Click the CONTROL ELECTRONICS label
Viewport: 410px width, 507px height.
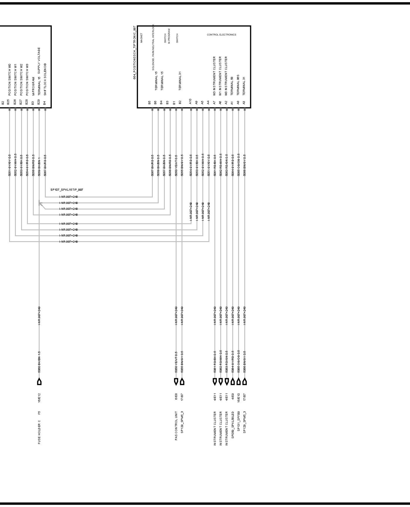click(221, 35)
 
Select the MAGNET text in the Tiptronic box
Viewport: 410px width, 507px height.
click(141, 38)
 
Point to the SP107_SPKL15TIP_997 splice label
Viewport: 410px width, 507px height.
click(67, 190)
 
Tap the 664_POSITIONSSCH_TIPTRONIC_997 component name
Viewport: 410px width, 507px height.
click(135, 53)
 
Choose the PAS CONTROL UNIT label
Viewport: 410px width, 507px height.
click(176, 426)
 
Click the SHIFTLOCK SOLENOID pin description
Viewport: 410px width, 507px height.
click(45, 79)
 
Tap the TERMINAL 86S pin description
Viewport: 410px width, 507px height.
click(238, 85)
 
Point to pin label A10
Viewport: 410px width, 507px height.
click(190, 102)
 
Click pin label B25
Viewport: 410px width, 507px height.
click(9, 102)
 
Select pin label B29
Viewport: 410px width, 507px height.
click(39, 102)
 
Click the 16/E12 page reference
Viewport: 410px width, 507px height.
click(39, 398)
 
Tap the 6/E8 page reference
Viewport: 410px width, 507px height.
click(176, 397)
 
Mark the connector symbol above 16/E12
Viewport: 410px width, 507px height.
click(39, 381)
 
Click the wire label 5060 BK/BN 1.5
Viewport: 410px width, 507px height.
click(39, 362)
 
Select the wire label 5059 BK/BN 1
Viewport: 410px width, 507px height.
click(39, 165)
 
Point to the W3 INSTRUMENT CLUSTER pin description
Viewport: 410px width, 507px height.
click(214, 76)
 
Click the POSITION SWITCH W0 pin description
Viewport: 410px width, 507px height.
click(9, 79)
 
